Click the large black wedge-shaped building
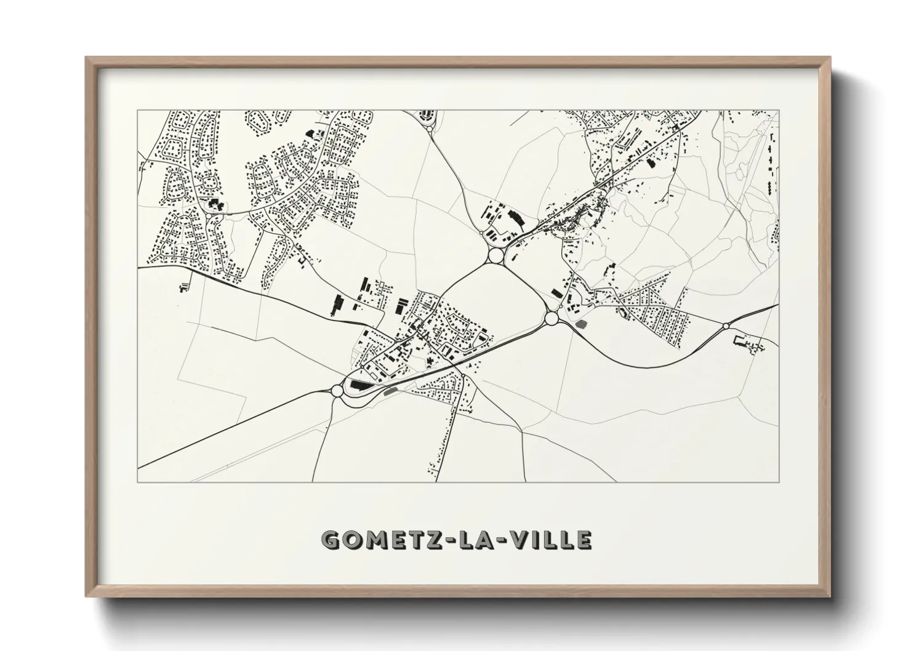click(x=359, y=385)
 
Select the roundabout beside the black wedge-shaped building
click(x=337, y=390)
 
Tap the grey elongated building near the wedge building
click(x=390, y=389)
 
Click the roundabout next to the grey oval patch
click(x=552, y=318)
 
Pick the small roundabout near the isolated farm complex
click(x=726, y=325)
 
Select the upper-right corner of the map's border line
click(x=778, y=111)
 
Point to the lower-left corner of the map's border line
click(x=138, y=481)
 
